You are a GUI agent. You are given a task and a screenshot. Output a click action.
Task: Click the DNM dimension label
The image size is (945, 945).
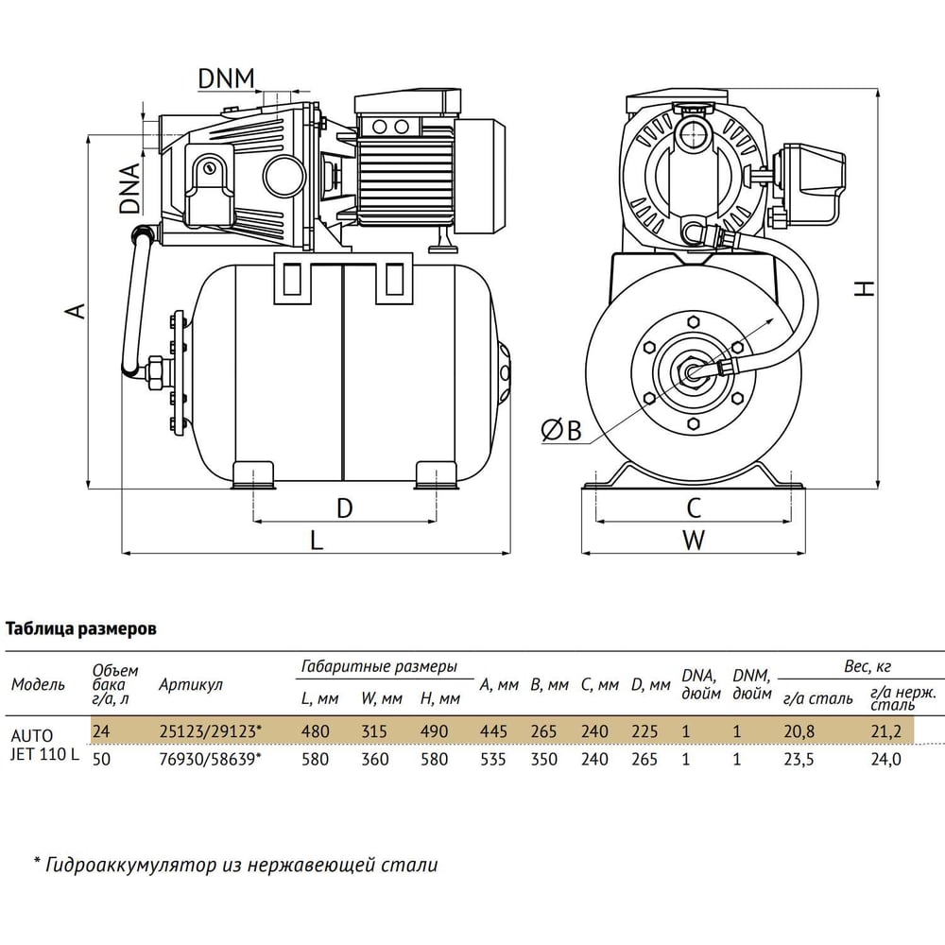click(227, 78)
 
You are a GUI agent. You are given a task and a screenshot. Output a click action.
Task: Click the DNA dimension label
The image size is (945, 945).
click(129, 188)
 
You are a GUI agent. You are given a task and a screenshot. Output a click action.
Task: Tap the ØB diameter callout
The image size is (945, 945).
click(561, 430)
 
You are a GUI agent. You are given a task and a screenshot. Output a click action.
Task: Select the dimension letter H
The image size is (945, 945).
click(866, 288)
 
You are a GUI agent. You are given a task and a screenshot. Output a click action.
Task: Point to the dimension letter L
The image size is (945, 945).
click(317, 540)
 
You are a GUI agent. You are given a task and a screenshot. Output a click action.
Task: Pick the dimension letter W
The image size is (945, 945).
click(694, 540)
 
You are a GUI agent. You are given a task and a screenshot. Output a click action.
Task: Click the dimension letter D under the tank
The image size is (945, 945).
click(344, 508)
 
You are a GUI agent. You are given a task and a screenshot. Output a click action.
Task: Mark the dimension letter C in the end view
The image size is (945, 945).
click(694, 508)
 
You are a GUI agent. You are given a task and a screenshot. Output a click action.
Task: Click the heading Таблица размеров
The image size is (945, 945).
click(80, 629)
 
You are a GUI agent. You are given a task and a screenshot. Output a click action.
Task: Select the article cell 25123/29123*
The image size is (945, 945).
click(211, 731)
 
